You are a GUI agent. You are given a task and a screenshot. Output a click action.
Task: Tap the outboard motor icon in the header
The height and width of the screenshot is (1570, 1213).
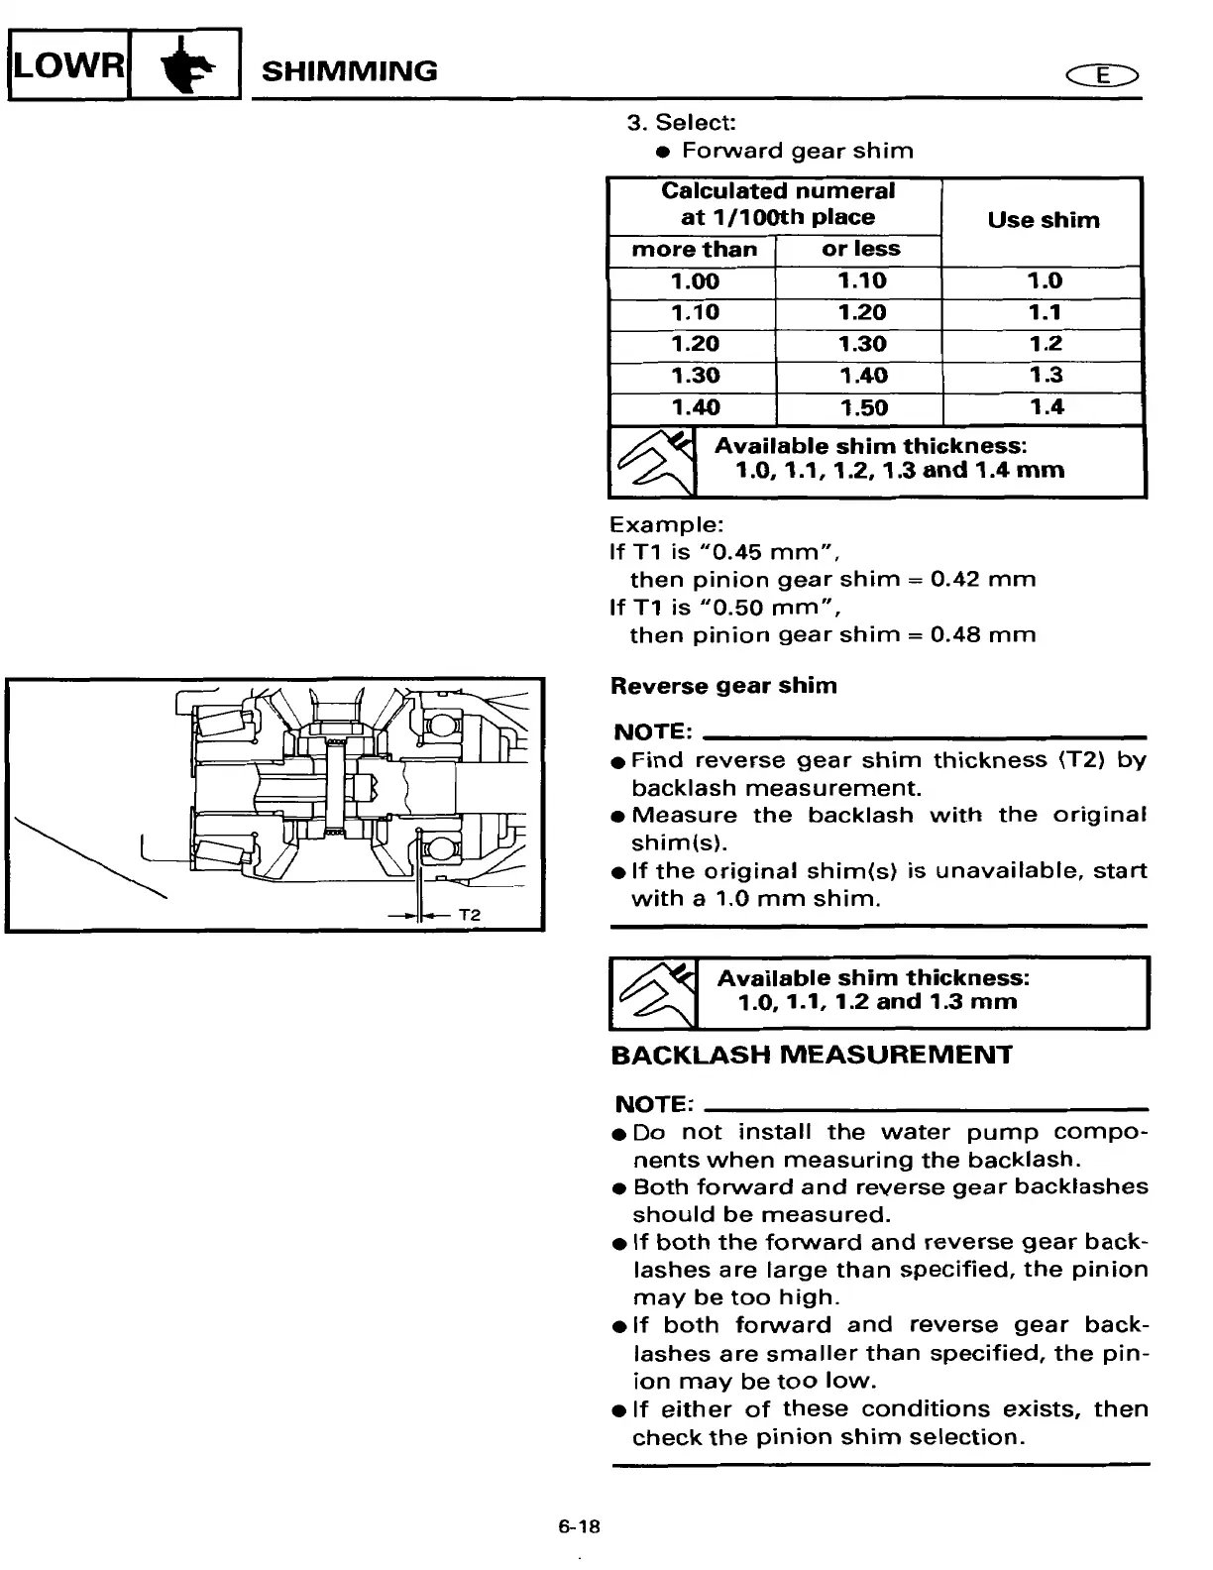click(185, 65)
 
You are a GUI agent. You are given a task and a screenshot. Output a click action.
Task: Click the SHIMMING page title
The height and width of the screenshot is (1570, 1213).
click(348, 71)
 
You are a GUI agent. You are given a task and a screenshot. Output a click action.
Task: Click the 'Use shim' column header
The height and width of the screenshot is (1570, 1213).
click(1043, 221)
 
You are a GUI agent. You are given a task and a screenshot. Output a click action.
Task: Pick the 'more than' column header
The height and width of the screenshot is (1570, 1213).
click(693, 250)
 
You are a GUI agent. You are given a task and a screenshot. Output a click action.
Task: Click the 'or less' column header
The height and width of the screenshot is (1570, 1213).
click(860, 250)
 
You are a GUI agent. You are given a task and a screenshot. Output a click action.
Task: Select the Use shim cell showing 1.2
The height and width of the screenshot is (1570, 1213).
click(1045, 344)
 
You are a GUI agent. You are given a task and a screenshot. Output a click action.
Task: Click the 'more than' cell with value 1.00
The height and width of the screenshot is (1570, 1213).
click(694, 281)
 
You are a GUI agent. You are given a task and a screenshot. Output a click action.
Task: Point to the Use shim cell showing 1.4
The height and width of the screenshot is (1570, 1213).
click(1045, 406)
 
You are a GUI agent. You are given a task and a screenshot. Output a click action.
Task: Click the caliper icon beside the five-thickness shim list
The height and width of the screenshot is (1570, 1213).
click(652, 462)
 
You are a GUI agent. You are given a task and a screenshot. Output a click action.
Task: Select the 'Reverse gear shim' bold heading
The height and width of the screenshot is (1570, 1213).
click(723, 686)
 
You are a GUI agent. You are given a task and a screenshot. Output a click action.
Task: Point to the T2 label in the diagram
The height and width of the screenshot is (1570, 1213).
click(470, 914)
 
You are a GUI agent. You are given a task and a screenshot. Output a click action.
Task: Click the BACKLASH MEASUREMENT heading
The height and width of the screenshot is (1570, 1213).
click(812, 1055)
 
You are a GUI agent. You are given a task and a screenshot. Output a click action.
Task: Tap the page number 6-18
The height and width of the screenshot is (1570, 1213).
click(579, 1527)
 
